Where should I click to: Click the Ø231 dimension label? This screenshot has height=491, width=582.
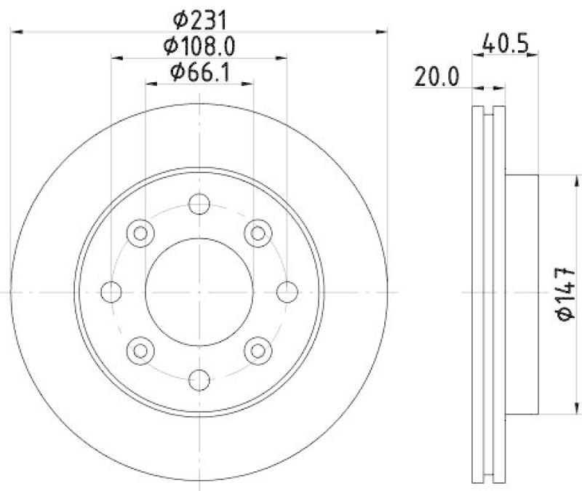pyautogui.click(x=199, y=16)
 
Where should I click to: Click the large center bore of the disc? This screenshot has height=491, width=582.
pyautogui.click(x=199, y=292)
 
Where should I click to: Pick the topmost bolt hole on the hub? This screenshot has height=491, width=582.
pyautogui.click(x=199, y=204)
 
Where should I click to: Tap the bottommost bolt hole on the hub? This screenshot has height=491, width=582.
pyautogui.click(x=199, y=379)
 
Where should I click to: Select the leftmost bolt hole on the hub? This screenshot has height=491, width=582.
pyautogui.click(x=111, y=292)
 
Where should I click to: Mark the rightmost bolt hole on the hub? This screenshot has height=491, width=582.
pyautogui.click(x=287, y=292)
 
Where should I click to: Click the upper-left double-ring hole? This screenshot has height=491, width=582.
pyautogui.click(x=140, y=233)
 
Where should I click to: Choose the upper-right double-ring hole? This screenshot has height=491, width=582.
pyautogui.click(x=258, y=233)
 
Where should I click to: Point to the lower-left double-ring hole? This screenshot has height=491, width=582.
pyautogui.click(x=140, y=351)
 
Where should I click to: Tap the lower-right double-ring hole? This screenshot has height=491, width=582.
pyautogui.click(x=258, y=351)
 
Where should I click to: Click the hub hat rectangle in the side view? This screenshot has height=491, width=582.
pyautogui.click(x=522, y=292)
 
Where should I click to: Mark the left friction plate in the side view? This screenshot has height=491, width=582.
pyautogui.click(x=478, y=292)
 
